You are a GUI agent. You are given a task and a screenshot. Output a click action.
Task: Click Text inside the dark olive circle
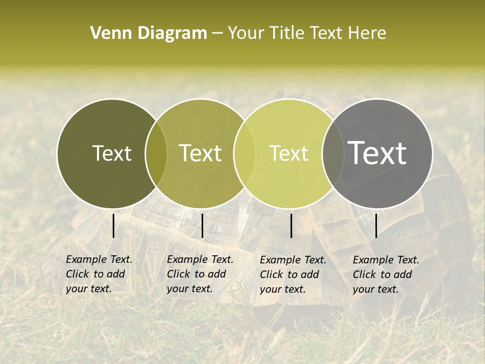[112, 154]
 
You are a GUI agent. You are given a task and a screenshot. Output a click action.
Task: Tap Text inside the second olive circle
[201, 154]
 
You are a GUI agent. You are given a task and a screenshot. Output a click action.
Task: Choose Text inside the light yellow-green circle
[289, 154]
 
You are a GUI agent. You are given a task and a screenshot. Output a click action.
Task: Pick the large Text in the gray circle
[377, 153]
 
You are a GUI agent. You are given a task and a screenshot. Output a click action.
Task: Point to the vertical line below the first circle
[113, 225]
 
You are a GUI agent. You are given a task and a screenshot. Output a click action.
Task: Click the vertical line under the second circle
[202, 225]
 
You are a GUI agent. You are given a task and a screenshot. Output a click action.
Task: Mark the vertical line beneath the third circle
[291, 225]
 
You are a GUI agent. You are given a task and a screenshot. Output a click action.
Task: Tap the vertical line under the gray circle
[376, 225]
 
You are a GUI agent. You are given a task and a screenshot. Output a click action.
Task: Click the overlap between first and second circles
[156, 154]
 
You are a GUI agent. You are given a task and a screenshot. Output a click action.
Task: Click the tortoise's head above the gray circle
[288, 93]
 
